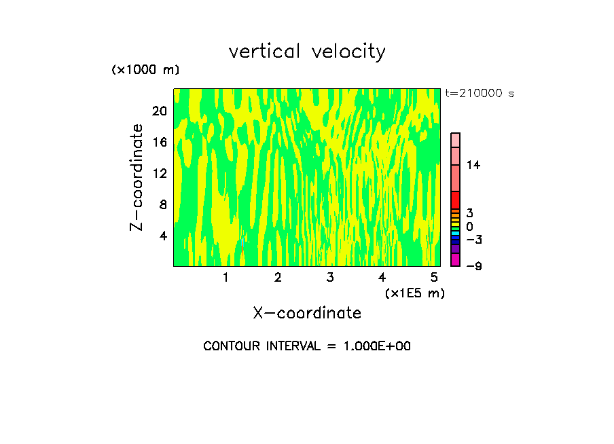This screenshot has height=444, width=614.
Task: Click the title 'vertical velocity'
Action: (307, 52)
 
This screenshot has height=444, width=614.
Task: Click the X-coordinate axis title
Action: (307, 313)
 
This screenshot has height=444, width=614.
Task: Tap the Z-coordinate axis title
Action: (137, 177)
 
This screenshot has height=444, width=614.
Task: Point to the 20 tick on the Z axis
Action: (160, 111)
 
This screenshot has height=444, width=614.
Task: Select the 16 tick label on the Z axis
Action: (160, 142)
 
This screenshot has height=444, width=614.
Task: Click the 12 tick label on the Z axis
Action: (160, 173)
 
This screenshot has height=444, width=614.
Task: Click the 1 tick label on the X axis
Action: (225, 278)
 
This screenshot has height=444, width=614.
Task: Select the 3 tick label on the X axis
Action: (330, 278)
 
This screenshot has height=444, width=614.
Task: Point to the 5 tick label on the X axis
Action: (434, 278)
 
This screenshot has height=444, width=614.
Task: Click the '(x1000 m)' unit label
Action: (145, 71)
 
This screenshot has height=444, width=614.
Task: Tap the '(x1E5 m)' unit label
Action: (414, 293)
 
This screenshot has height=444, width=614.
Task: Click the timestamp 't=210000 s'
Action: (480, 94)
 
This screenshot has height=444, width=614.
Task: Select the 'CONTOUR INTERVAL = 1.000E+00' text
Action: (307, 346)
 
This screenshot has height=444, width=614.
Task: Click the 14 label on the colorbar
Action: (473, 165)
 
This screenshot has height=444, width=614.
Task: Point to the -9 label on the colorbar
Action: (473, 266)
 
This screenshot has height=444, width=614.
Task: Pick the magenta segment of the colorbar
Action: (456, 260)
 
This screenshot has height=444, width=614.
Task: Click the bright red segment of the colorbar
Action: (456, 200)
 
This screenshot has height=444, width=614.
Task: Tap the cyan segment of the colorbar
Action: (456, 233)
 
